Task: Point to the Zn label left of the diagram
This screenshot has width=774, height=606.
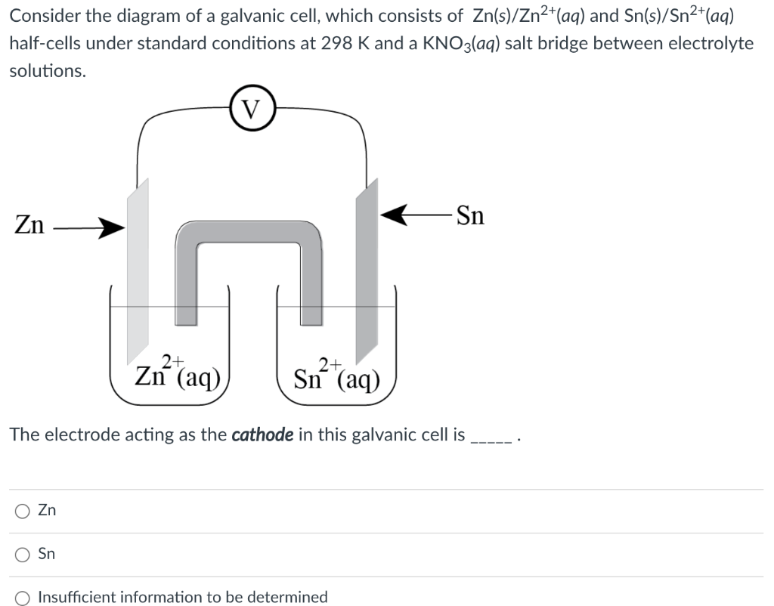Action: click(29, 225)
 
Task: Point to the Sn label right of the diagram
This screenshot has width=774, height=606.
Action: click(471, 216)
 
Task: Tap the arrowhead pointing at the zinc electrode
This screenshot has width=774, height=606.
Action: click(114, 226)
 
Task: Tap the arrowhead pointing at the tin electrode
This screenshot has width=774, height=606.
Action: click(392, 216)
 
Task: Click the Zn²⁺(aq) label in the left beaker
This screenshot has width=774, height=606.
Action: click(178, 373)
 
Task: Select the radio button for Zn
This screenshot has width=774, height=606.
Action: click(22, 511)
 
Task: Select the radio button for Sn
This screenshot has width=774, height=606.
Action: click(22, 554)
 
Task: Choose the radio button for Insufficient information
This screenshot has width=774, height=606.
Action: click(22, 597)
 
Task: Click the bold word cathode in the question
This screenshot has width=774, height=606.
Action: click(262, 434)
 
